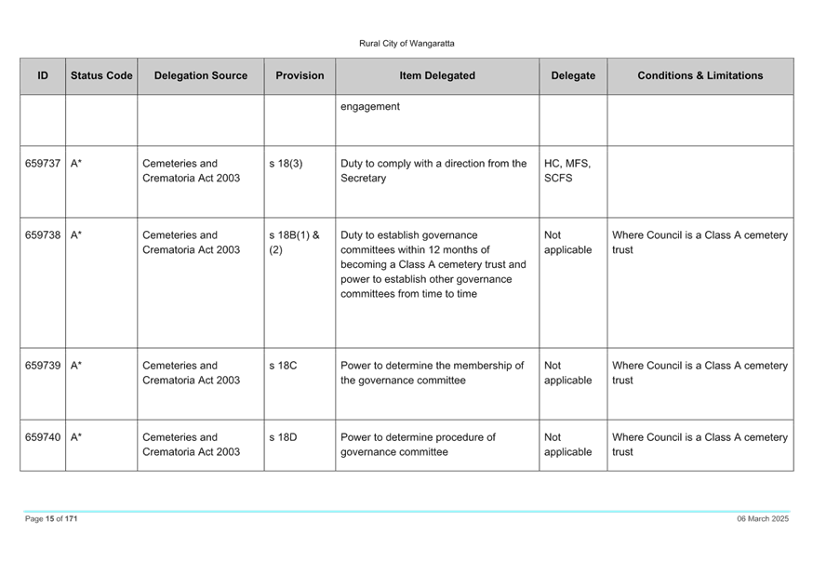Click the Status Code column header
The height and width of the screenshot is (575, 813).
101,75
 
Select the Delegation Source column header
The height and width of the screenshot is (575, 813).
201,75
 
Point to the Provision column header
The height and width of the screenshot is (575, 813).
300,75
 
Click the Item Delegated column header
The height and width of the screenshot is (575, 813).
437,75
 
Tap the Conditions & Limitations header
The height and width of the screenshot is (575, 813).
700,75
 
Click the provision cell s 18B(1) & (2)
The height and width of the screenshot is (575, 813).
294,242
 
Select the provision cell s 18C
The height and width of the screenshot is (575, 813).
283,366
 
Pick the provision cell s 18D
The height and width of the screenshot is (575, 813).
283,437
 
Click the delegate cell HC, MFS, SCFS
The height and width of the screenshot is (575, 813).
567,170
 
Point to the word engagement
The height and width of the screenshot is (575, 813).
370,107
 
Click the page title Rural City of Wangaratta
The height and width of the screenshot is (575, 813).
406,44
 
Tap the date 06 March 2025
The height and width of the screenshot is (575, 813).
763,518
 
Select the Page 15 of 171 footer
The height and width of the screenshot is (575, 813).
51,518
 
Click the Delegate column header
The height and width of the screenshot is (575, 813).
573,75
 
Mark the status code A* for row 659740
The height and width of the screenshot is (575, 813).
76,437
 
